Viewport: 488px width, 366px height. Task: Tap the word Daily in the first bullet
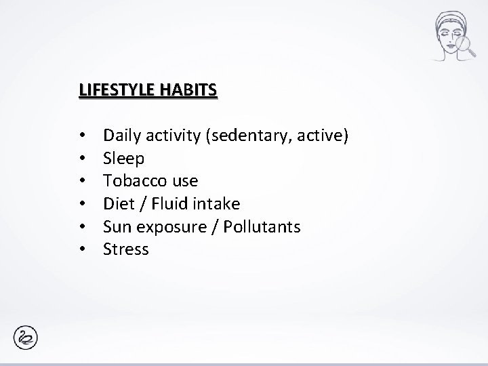(x=120, y=137)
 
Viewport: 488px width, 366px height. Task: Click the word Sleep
(x=123, y=159)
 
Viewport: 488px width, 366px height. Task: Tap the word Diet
(x=117, y=203)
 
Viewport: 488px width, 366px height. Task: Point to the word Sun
(x=117, y=226)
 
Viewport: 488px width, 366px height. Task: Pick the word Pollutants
(x=258, y=226)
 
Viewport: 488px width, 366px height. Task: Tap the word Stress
(x=125, y=249)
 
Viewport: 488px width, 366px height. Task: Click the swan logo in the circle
(x=26, y=338)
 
